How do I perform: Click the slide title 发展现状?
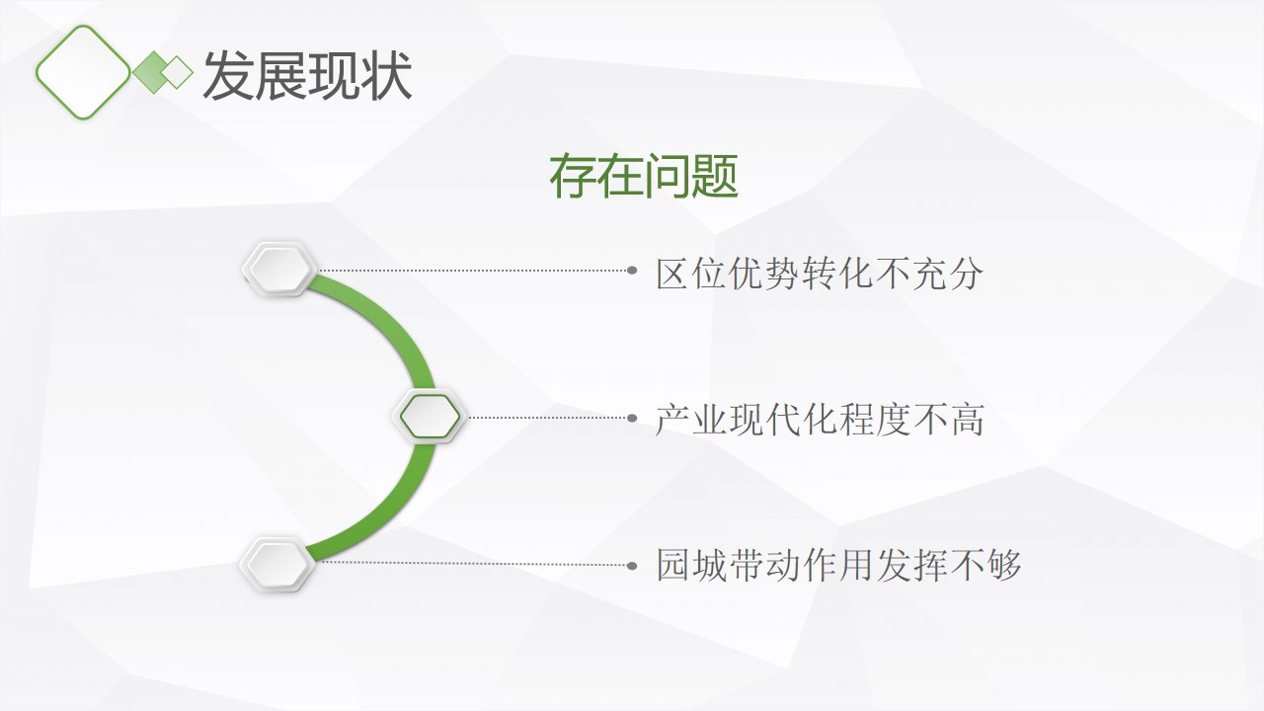[307, 76]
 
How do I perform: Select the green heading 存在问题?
[644, 177]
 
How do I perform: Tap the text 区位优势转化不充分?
[820, 274]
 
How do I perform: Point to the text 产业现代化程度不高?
[820, 420]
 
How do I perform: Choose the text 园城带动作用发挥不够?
[838, 565]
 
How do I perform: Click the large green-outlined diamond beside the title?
[83, 72]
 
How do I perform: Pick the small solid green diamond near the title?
[153, 72]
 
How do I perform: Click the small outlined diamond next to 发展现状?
[177, 72]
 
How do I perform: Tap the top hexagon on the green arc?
[279, 270]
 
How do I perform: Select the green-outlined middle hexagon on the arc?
[430, 417]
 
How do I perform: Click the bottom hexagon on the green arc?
[277, 564]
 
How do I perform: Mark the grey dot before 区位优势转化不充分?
[632, 271]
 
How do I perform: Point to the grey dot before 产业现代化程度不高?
[632, 418]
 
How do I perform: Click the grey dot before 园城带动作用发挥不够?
[632, 566]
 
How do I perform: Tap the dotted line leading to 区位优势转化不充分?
[473, 271]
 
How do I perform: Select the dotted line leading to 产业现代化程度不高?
[547, 418]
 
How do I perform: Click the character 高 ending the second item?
[967, 420]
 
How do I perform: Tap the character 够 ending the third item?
[1004, 565]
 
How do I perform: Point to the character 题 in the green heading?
[715, 177]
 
